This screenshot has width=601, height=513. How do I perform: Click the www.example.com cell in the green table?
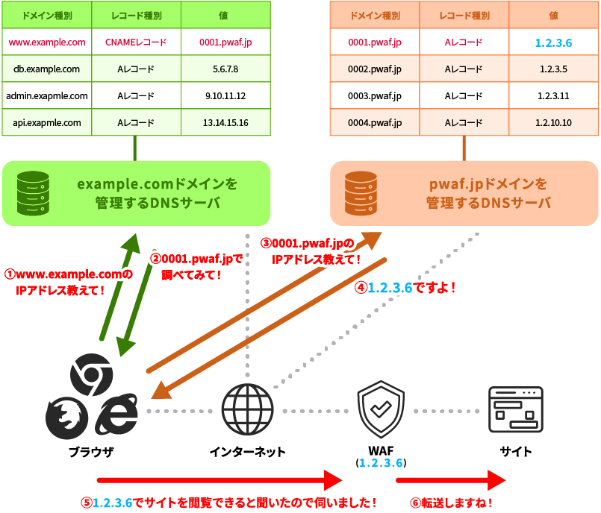coord(46,43)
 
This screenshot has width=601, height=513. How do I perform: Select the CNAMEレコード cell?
coord(136,43)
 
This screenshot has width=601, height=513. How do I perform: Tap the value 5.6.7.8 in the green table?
coord(225,69)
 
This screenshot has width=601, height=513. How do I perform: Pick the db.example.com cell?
coord(46,69)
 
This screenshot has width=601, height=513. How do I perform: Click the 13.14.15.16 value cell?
coord(225,122)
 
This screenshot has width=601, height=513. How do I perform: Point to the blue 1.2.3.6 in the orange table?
coord(553,43)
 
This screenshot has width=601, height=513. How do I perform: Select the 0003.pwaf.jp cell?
coord(375,96)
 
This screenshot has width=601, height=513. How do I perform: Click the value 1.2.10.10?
coord(553,122)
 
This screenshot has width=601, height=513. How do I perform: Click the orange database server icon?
coord(361,192)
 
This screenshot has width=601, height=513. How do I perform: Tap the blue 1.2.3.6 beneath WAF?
coord(381,463)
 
